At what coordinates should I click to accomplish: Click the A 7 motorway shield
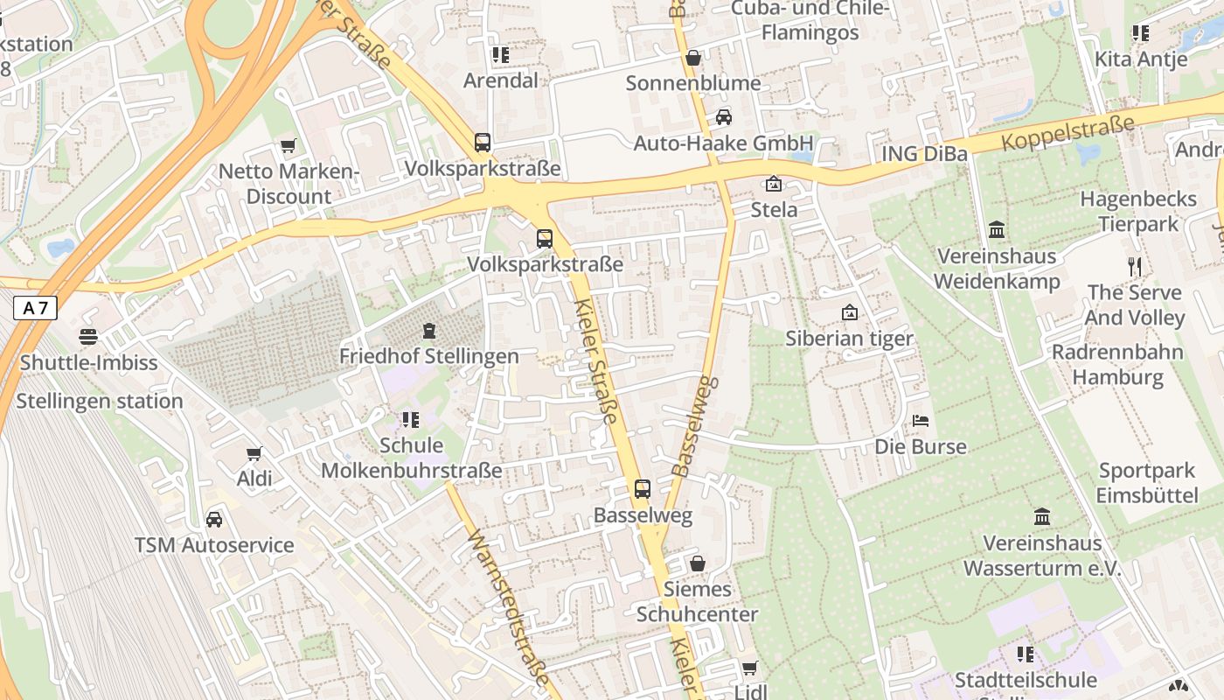(x=35, y=308)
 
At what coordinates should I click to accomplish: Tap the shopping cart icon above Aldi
(x=254, y=453)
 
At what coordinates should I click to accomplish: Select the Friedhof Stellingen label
(x=428, y=356)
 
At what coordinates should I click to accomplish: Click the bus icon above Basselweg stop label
(x=643, y=488)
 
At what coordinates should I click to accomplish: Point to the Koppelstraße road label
(x=1068, y=131)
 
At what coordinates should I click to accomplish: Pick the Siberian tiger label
(x=849, y=339)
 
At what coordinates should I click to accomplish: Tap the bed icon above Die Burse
(x=921, y=421)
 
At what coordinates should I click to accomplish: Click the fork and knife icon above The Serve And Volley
(x=1135, y=266)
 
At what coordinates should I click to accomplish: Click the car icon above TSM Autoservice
(x=214, y=520)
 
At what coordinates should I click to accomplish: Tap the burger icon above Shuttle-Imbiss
(x=88, y=336)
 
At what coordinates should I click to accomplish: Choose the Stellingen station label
(x=100, y=402)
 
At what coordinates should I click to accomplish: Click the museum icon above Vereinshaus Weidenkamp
(x=997, y=230)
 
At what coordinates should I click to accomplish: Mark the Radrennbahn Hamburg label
(x=1117, y=365)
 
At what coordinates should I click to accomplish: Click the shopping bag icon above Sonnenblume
(x=693, y=58)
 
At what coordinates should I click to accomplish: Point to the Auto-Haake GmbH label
(x=723, y=143)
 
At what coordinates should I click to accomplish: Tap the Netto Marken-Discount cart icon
(x=288, y=145)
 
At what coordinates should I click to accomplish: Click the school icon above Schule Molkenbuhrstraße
(x=411, y=420)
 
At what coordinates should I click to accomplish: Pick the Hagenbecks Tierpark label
(x=1138, y=211)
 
